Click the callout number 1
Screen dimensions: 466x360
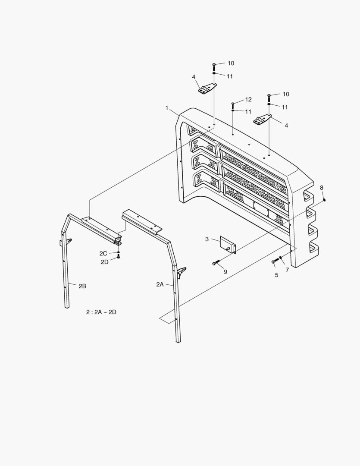167,108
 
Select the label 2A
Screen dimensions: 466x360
160,284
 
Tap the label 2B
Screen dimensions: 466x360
82,286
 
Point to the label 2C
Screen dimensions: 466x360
103,253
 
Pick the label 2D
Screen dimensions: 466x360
104,262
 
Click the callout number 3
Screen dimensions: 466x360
207,239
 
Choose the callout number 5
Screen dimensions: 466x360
276,275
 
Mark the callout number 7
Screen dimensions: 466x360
288,270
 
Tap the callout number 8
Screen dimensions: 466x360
321,187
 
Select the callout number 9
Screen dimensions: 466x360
225,272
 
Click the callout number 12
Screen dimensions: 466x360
248,100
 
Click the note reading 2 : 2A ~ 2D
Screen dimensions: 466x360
101,312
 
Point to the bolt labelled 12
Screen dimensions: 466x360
233,105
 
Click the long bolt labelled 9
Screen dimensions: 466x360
216,263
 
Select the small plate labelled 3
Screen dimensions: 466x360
228,245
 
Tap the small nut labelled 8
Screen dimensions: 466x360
324,199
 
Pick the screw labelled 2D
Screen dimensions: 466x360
119,257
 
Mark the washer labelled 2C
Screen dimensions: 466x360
119,252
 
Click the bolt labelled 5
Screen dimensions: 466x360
275,261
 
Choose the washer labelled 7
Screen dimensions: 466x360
281,258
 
